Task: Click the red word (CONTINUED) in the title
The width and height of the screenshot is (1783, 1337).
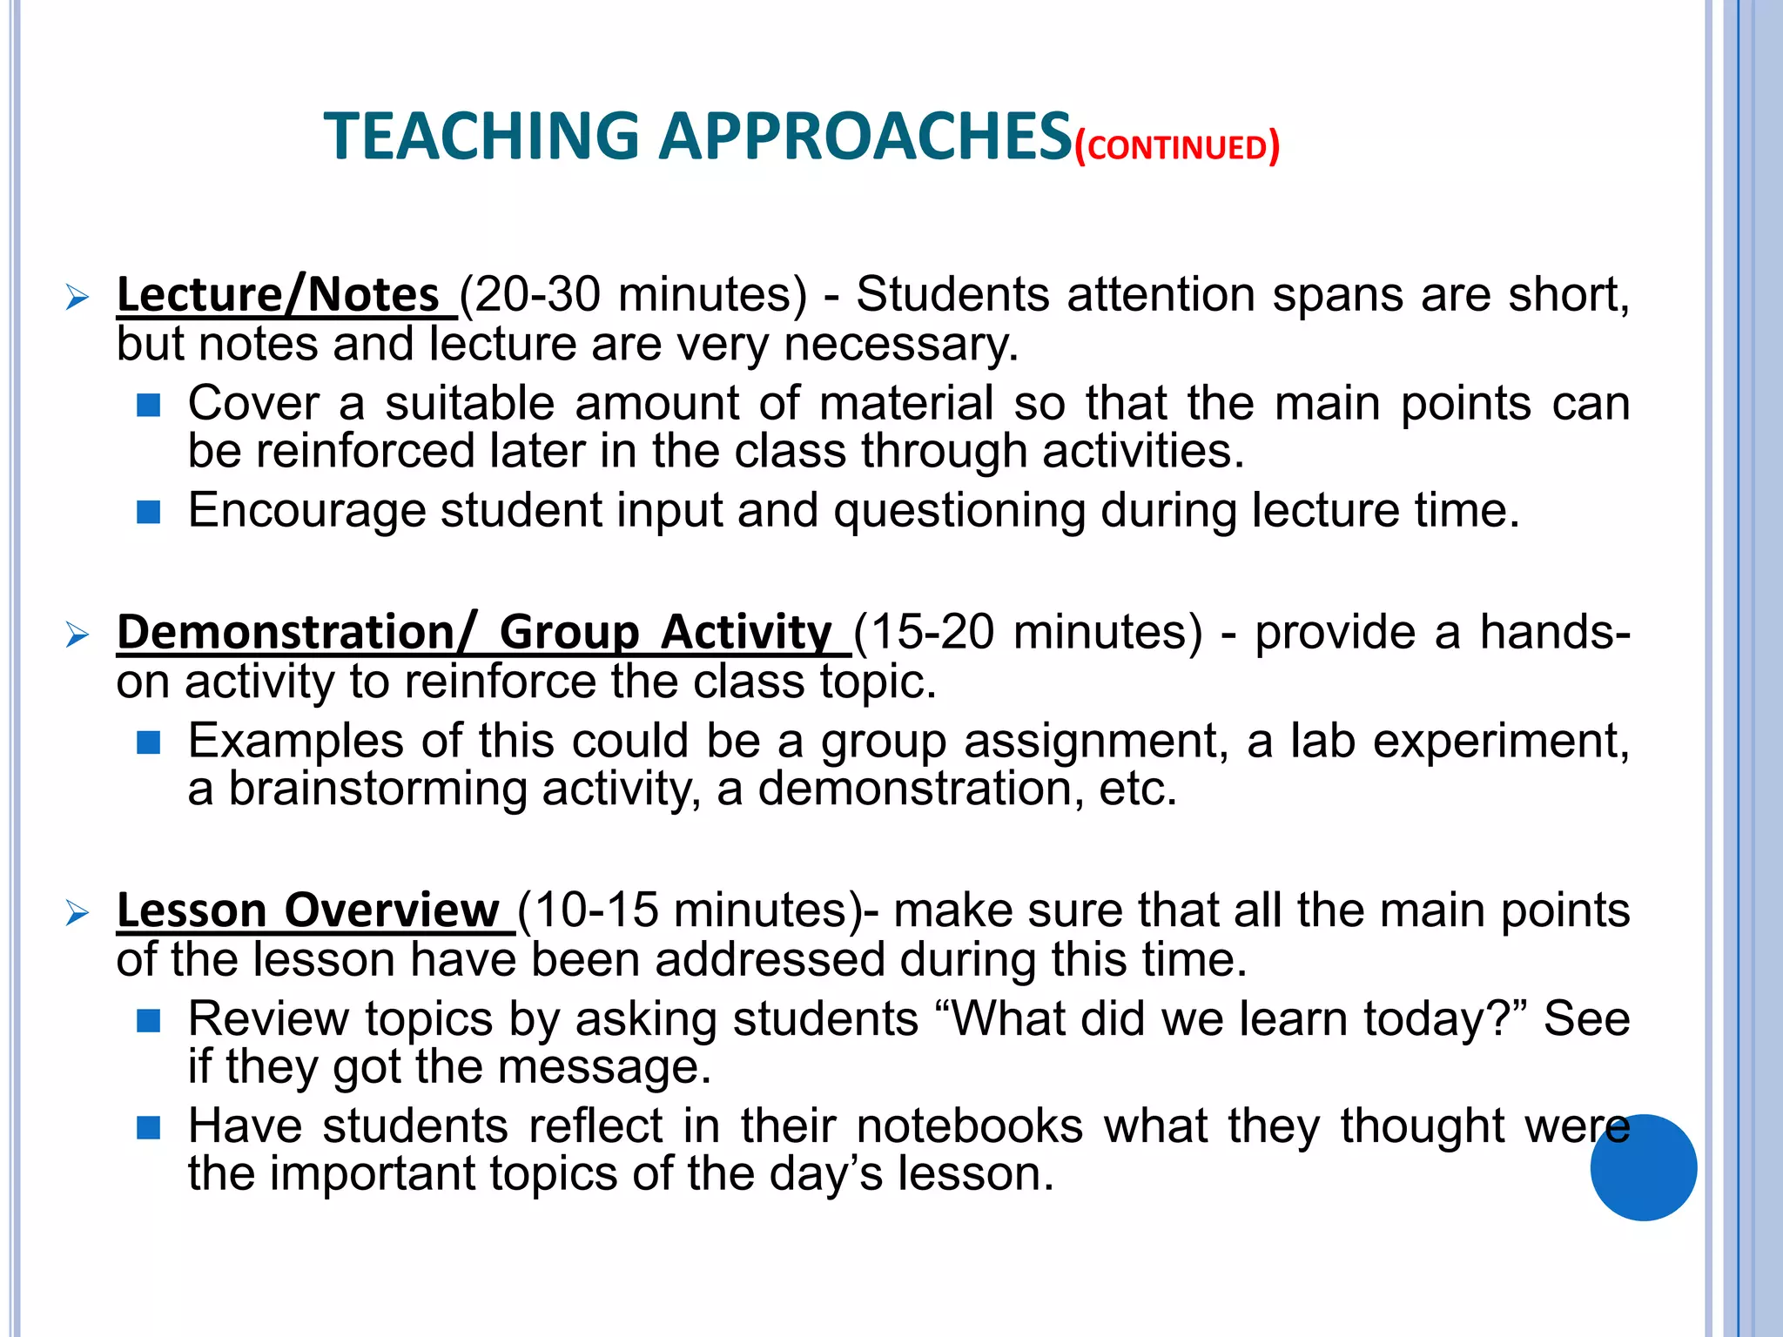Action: point(1177,147)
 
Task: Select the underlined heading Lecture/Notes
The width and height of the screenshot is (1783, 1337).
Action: point(279,294)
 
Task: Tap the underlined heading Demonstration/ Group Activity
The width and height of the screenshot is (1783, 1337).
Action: point(474,632)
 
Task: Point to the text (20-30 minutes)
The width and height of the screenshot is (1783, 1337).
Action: point(634,294)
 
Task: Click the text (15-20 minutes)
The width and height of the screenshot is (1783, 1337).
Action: point(1027,632)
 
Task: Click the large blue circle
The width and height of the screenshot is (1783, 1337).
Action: point(1643,1167)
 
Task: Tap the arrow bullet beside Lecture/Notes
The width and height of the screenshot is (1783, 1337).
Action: point(77,299)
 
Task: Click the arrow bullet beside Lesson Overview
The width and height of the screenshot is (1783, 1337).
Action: point(77,914)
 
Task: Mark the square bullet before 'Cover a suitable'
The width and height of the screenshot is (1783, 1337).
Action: point(149,406)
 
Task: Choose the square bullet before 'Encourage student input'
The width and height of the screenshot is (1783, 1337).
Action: point(149,513)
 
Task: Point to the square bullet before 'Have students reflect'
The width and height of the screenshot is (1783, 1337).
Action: point(149,1128)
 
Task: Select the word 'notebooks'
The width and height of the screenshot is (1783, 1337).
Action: point(970,1125)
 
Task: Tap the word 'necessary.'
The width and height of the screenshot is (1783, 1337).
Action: point(901,345)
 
